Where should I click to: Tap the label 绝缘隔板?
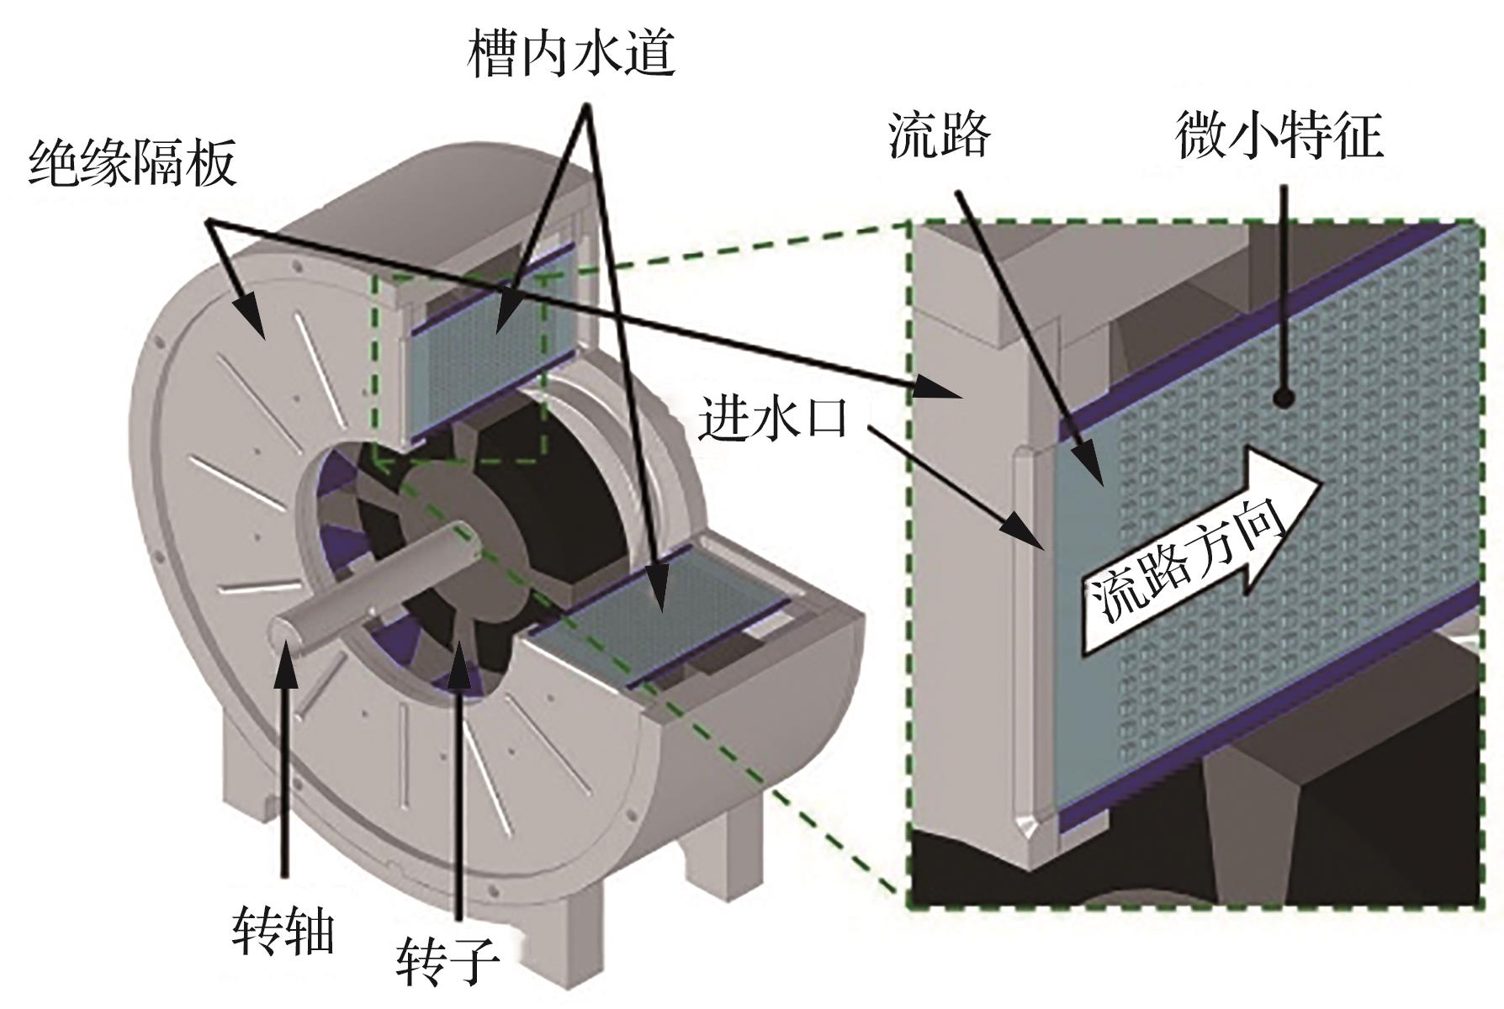click(132, 163)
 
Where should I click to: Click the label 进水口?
click(772, 417)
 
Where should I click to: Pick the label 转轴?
click(283, 931)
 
